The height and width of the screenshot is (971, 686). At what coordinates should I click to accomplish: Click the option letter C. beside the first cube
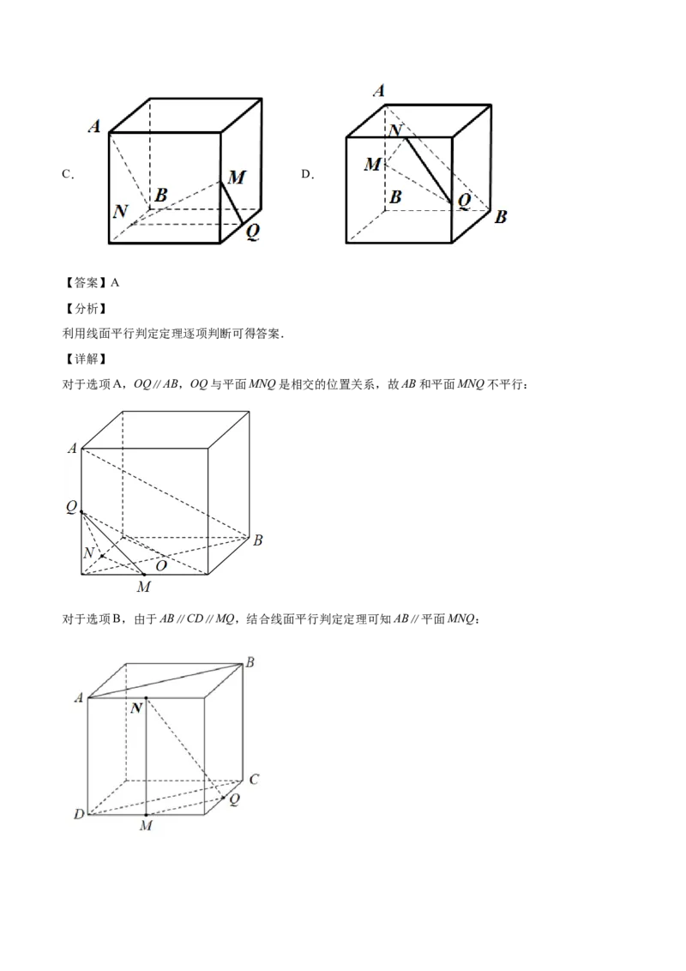point(68,175)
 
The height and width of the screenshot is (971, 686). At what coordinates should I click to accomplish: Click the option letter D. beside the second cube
point(308,175)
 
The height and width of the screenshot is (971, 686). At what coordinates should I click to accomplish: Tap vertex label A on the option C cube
point(94,126)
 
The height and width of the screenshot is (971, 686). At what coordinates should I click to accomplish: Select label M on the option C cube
point(237,178)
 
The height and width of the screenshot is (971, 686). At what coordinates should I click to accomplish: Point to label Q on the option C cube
point(253,232)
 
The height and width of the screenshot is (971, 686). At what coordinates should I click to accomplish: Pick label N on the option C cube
point(121,211)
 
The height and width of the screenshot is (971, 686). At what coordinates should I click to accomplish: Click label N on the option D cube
point(395,130)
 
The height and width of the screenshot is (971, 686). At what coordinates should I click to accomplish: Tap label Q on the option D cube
point(464,200)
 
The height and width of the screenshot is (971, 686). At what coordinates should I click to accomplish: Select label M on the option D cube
point(373,164)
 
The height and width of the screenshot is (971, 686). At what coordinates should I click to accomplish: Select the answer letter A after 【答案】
point(115,283)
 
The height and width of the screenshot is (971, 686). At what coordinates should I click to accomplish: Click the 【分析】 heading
point(86,309)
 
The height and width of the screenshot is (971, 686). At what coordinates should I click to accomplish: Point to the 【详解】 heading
point(86,359)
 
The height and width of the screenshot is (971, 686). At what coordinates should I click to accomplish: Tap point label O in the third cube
point(161,565)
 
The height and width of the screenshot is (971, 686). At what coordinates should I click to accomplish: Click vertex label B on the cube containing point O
point(257,540)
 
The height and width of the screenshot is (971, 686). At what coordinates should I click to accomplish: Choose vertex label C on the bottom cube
point(254,779)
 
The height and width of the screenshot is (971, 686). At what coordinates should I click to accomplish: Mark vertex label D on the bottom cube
point(79,814)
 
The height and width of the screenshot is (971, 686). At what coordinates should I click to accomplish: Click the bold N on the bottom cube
point(137,708)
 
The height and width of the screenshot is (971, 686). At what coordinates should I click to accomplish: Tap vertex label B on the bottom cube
point(250,662)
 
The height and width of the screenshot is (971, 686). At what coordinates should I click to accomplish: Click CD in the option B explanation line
point(195,618)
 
